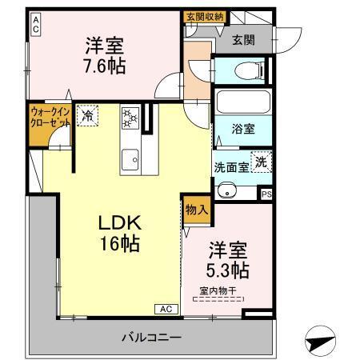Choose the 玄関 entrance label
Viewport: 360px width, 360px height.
click(244, 41)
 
